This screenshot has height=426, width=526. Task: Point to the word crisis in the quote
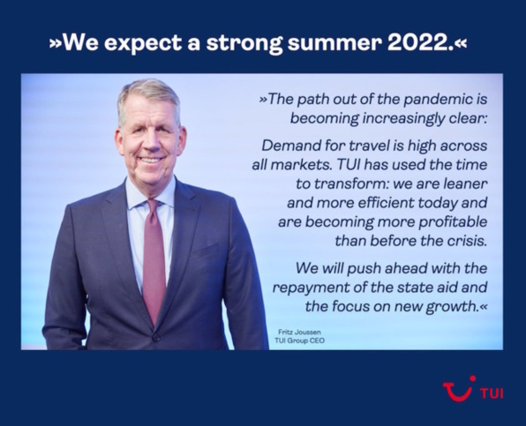466,239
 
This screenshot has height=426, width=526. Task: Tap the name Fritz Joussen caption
297,330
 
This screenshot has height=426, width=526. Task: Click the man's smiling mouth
150,161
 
